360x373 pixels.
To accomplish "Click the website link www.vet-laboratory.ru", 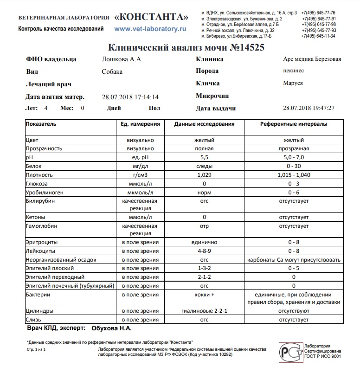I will [149, 29].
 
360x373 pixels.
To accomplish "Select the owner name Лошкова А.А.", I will [122, 59].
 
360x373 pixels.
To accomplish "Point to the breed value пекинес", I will [293, 71].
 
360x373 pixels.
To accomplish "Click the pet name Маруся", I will [293, 84].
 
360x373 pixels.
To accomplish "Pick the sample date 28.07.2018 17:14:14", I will [130, 97].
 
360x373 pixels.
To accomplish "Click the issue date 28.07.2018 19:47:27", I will [309, 108].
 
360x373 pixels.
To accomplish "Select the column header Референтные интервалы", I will [294, 124].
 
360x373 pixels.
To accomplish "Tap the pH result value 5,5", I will [204, 158].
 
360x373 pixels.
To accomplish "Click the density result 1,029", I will [204, 175].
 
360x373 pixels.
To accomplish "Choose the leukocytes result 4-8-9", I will [204, 251].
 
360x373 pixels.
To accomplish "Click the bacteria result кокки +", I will [204, 295].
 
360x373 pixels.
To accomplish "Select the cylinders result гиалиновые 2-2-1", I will [204, 311].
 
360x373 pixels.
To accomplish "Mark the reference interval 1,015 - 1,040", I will [294, 175].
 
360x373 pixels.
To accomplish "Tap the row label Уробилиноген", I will [45, 193].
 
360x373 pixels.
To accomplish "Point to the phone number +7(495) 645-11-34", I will [318, 36].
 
